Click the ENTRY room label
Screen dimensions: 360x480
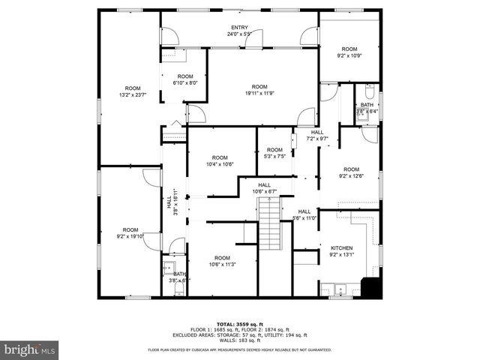pyautogui.click(x=240, y=27)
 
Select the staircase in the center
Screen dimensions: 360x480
pyautogui.click(x=269, y=225)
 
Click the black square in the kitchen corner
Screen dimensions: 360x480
pyautogui.click(x=370, y=287)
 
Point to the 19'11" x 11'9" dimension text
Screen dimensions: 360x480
pyautogui.click(x=259, y=94)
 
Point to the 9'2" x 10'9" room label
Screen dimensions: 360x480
pyautogui.click(x=350, y=55)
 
